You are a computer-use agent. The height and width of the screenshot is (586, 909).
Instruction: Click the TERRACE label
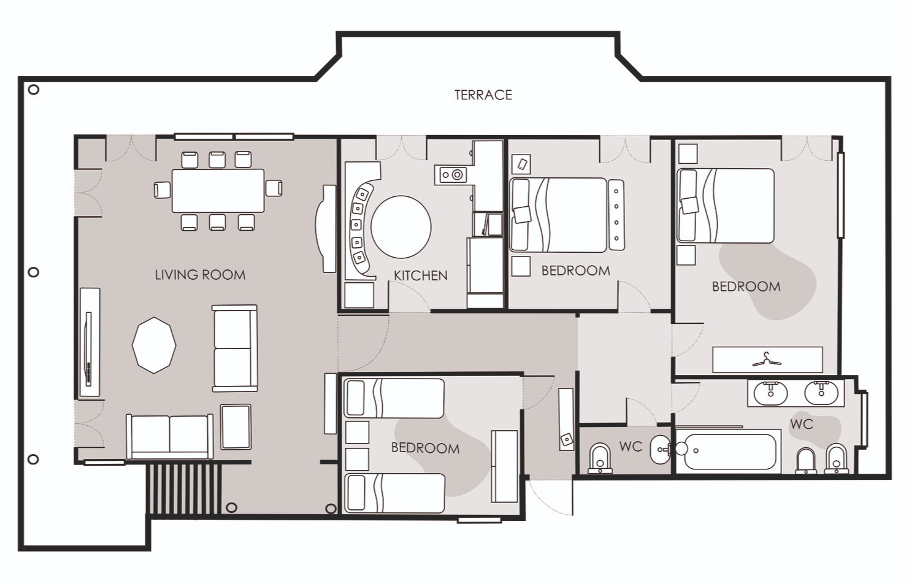pos(483,94)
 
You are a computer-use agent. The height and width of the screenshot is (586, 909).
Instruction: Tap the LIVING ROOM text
pos(200,275)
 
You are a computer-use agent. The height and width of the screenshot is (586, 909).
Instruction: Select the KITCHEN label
pos(420,276)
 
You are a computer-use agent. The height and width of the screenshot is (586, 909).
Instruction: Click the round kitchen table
pos(401,227)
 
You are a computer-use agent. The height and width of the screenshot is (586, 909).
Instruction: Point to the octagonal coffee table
pos(154,345)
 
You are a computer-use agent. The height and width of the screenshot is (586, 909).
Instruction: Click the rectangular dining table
pos(218,190)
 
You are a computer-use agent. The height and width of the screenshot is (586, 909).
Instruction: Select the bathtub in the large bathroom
pos(729,452)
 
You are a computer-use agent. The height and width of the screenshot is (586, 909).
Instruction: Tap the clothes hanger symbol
pos(767,360)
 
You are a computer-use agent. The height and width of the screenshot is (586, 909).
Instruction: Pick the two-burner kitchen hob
pos(450,175)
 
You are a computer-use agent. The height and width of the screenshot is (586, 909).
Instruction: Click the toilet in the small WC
pos(600,458)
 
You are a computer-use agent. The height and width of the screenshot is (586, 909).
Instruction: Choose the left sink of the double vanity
pos(770,393)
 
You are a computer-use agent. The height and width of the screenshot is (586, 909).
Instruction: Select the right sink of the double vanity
pos(821,393)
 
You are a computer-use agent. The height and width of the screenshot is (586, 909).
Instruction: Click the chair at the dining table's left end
pos(162,190)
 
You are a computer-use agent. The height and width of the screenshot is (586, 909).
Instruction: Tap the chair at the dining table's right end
pos(274,188)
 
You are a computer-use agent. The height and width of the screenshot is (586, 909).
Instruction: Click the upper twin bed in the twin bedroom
pos(394,398)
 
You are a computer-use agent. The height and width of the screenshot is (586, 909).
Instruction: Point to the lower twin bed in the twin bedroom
pos(394,493)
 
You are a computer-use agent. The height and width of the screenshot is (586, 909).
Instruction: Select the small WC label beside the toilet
pos(631,447)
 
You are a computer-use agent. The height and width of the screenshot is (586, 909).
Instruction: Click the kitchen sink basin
pos(488,225)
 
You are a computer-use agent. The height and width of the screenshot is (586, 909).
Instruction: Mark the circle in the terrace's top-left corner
pos(34,90)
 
